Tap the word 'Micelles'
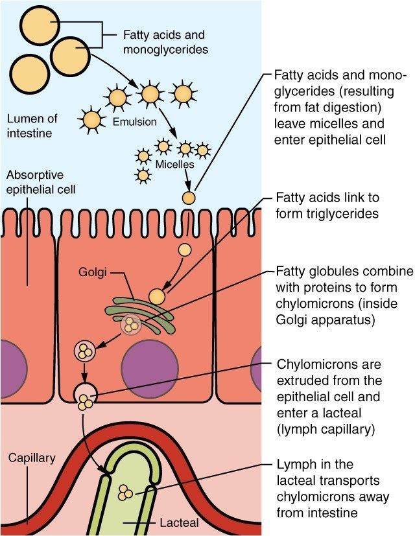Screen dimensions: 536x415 pyautogui.click(x=174, y=165)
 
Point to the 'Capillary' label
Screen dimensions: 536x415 pyautogui.click(x=31, y=458)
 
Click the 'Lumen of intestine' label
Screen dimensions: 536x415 pyautogui.click(x=32, y=126)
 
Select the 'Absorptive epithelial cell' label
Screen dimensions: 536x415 pyautogui.click(x=40, y=183)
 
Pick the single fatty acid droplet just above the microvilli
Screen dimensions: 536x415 pyautogui.click(x=188, y=197)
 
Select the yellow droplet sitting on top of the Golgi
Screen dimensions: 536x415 pyautogui.click(x=157, y=296)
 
